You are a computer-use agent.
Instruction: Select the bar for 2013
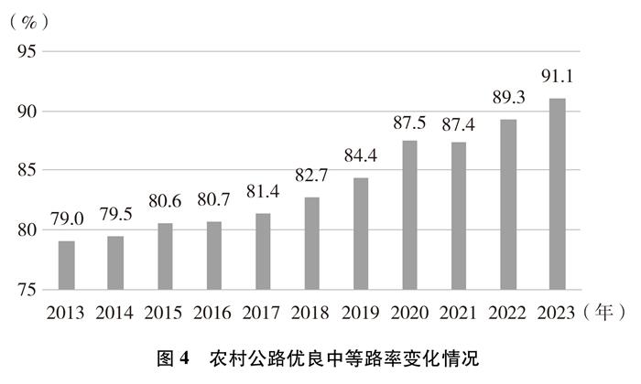[66, 265]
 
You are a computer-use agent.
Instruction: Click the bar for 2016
[213, 255]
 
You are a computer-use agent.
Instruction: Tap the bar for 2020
[410, 215]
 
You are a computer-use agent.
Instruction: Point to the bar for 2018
[312, 243]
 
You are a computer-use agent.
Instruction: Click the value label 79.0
[66, 219]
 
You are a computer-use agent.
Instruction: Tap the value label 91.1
[558, 77]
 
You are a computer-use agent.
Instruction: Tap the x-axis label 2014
[114, 314]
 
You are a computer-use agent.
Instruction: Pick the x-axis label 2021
[460, 314]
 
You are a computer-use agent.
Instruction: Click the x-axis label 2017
[263, 314]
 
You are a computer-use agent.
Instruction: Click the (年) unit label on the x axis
[604, 314]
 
